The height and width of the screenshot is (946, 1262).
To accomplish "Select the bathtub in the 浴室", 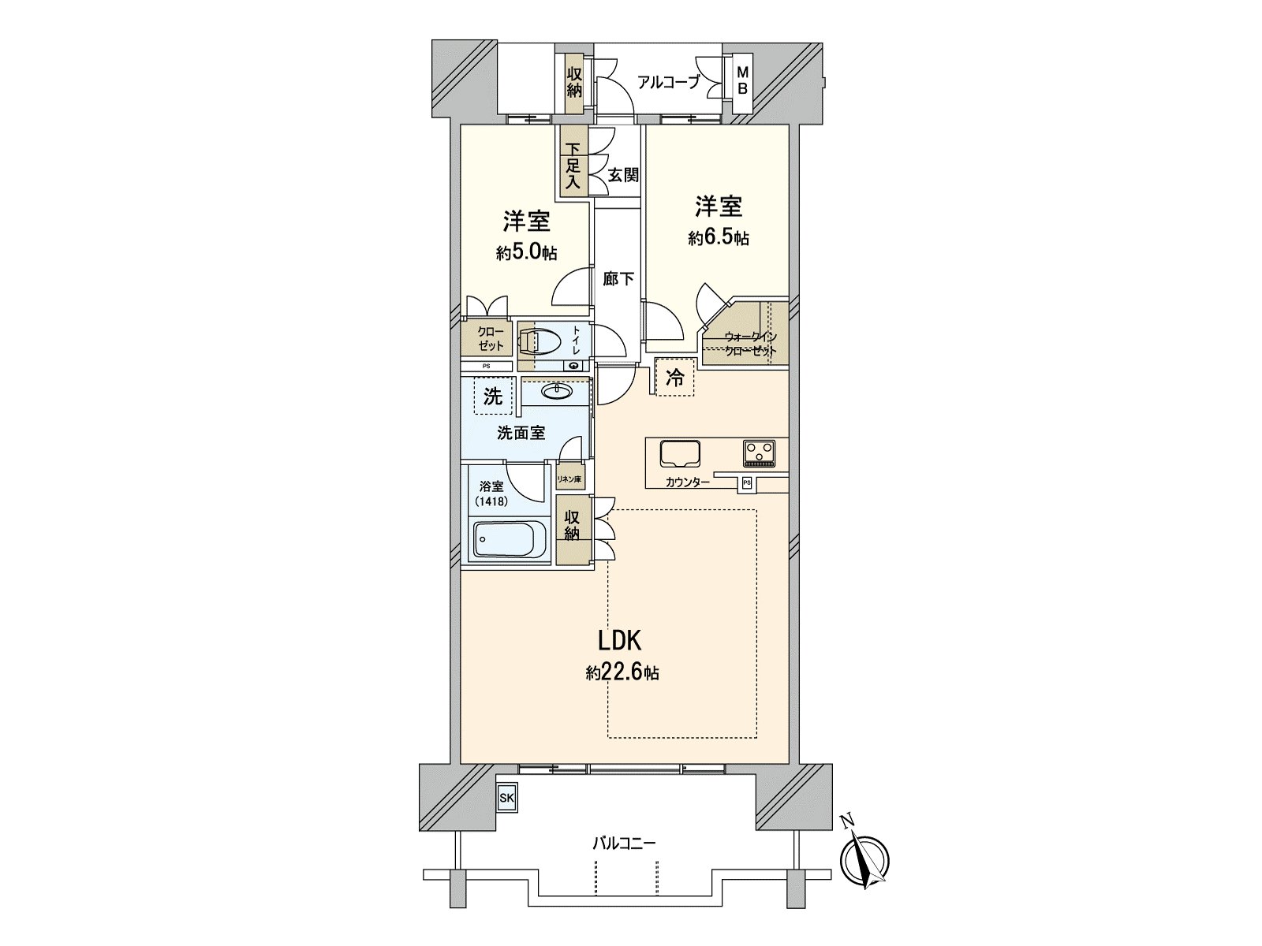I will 504,540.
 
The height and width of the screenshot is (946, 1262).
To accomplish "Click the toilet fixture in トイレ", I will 541,343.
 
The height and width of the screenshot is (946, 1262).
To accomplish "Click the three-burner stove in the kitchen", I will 760,454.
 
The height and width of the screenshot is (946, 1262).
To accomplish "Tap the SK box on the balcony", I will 506,798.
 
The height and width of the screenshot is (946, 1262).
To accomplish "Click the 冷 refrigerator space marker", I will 675,378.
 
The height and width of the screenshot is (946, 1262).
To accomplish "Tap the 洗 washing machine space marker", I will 493,397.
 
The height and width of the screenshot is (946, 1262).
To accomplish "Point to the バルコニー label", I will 623,844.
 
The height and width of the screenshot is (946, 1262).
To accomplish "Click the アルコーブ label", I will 668,81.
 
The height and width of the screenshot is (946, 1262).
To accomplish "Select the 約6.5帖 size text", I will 719,238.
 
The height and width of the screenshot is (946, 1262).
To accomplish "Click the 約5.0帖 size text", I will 526,252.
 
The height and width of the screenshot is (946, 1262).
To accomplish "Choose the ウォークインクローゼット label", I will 750,344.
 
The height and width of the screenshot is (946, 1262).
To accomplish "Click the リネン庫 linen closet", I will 569,479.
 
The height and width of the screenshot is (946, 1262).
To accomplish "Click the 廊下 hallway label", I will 618,278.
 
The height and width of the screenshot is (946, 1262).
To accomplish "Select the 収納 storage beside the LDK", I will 572,527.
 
